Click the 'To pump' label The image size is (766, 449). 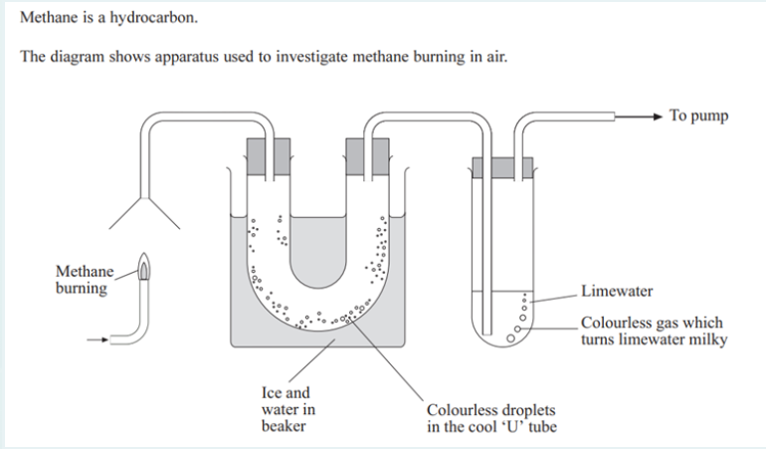coord(698,116)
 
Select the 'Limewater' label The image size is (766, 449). coord(617,292)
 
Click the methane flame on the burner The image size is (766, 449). coord(144,268)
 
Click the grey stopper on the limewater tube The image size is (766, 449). coord(502,167)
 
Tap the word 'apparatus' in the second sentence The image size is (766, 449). coord(172,55)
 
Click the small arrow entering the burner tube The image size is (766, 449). coord(96,339)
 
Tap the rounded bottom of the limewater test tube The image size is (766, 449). coord(503,340)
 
